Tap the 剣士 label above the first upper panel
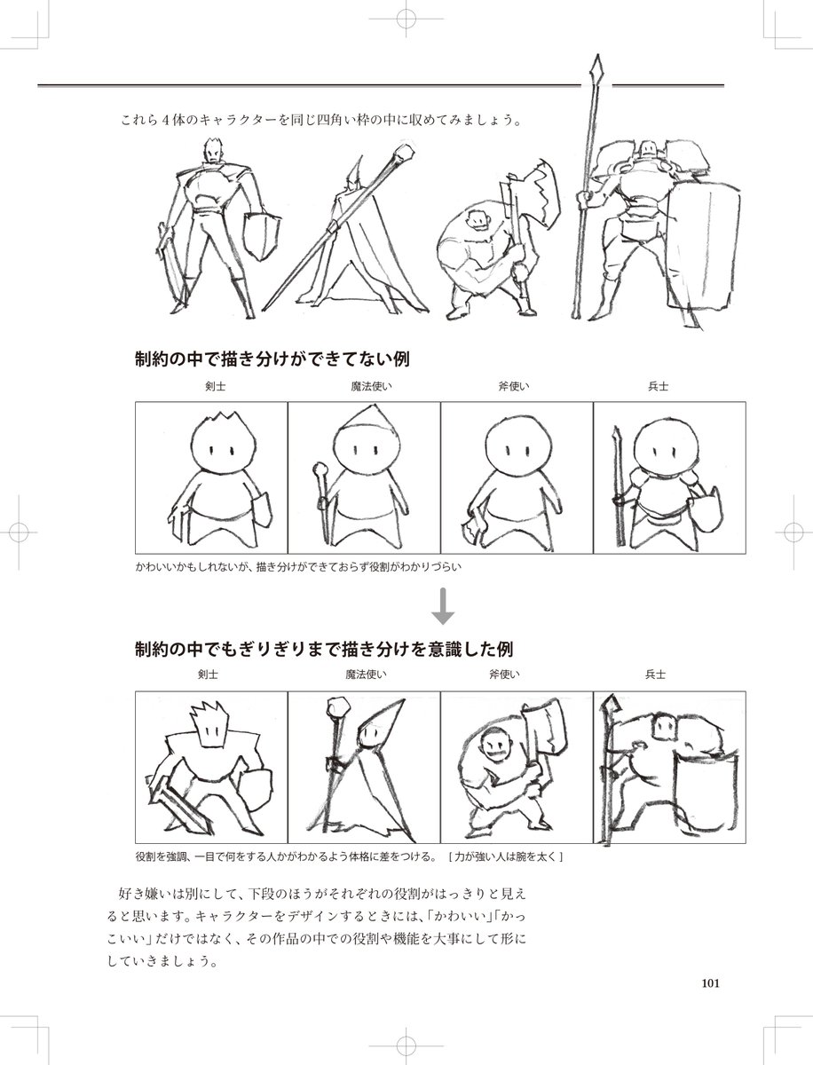click(211, 387)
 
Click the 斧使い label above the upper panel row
click(517, 387)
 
